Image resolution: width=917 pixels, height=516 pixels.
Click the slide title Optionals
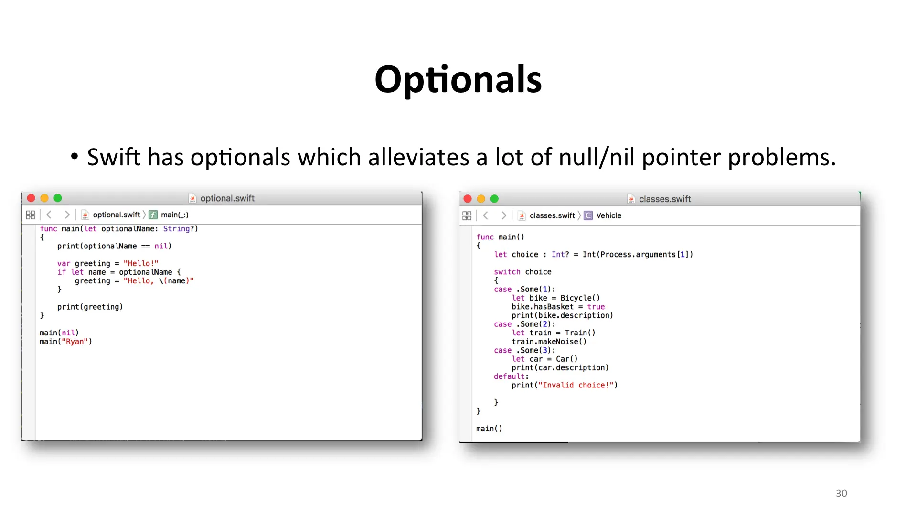pos(458,80)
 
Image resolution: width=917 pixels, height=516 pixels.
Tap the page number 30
pos(842,494)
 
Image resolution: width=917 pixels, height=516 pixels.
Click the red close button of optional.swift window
pos(31,198)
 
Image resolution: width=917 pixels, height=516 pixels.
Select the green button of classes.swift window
pos(494,199)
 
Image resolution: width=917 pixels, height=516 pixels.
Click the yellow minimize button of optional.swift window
pos(44,198)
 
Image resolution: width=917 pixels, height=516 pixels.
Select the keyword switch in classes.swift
pos(507,272)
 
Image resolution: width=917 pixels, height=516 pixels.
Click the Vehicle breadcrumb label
pos(608,215)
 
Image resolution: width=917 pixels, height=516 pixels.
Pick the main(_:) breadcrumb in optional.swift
pos(174,215)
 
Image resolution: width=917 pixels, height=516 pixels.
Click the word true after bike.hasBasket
pos(596,307)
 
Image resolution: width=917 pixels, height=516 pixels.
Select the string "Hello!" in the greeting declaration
pos(141,263)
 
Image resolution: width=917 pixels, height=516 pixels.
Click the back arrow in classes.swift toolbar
pos(486,215)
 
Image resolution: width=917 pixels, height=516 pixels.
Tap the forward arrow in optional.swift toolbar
pos(67,215)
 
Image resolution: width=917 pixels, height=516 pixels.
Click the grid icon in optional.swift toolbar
pos(30,215)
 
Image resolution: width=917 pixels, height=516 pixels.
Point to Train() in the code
pos(580,333)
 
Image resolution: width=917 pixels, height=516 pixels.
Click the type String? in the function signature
pos(179,229)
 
